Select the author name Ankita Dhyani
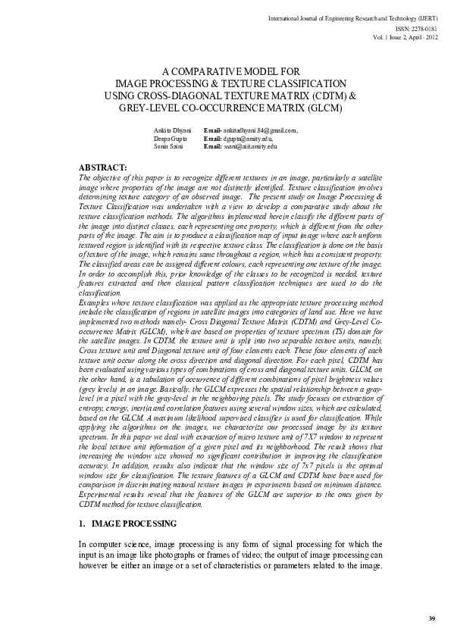(169, 131)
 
